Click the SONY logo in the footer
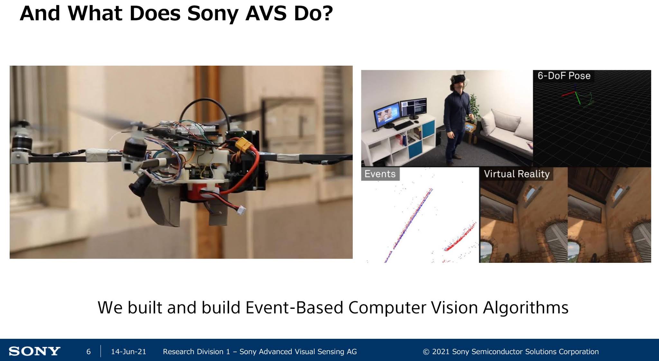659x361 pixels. (34, 351)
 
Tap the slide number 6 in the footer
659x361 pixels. (88, 352)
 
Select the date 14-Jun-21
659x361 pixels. (128, 352)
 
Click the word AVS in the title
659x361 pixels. (266, 14)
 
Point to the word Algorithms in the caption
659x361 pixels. (525, 308)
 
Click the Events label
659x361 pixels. (380, 174)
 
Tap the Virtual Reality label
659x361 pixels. (516, 174)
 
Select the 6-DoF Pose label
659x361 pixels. (564, 76)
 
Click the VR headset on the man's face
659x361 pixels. (458, 79)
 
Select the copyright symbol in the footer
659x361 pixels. (426, 352)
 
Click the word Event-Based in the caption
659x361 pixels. (294, 308)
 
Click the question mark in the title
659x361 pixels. (327, 14)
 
